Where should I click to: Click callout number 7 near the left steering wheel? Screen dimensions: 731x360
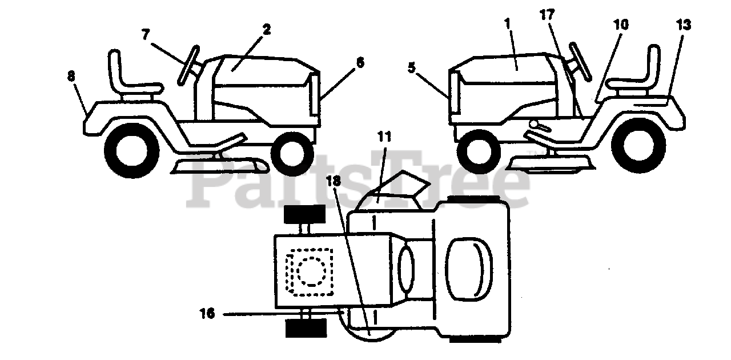(x=146, y=35)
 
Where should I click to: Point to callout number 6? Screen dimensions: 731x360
(x=360, y=63)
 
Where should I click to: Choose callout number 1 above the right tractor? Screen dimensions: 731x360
(x=508, y=24)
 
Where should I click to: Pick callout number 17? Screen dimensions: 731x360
(x=547, y=15)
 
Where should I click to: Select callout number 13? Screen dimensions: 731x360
(x=683, y=25)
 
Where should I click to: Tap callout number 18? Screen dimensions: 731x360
(x=334, y=181)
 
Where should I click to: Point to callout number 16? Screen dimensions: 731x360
(x=207, y=313)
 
